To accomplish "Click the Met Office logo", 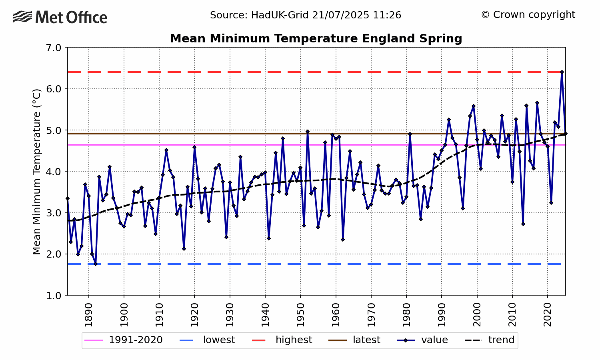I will (x=60, y=18).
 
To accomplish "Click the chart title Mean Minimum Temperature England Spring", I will (x=316, y=39).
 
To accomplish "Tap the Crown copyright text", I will (x=528, y=15).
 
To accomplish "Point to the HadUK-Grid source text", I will (x=306, y=15).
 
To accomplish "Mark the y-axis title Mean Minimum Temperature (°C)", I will (x=37, y=172).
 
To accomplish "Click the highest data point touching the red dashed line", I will (x=562, y=72).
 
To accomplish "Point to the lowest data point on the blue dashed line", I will (x=96, y=264).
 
